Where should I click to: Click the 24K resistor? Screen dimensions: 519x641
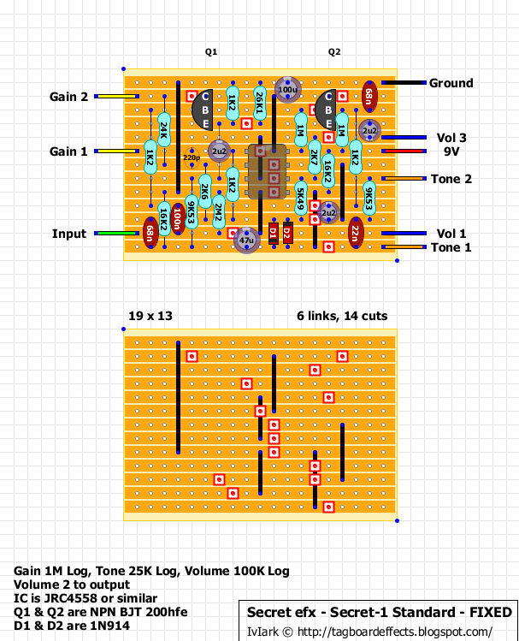coord(164,130)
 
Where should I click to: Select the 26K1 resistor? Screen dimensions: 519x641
coord(260,103)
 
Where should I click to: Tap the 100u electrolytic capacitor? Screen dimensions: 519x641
coord(287,90)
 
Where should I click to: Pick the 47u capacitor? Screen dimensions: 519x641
coord(246,240)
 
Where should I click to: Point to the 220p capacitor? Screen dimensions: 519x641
coord(192,157)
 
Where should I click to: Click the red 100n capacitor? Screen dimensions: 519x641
coord(178,219)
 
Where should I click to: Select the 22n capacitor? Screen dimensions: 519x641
coord(356,233)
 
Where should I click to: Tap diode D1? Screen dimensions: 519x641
coord(274,234)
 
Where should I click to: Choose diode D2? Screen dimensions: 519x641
coord(287,234)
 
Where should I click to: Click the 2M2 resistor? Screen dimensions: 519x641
coord(219,212)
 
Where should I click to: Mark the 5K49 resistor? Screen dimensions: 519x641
coord(301,199)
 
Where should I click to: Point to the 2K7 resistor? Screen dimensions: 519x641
coord(315,157)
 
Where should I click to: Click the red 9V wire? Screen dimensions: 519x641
coord(404,151)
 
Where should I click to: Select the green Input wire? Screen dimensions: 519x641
coord(117,234)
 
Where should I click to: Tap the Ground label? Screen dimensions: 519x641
coord(451,83)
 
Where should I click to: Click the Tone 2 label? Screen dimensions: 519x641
coord(451,179)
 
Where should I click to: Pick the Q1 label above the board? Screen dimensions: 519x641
coord(211,52)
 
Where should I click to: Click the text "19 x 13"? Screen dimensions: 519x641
coord(150,316)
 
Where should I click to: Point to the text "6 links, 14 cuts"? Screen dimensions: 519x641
coord(342,316)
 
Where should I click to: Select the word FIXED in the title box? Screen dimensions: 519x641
coord(491,613)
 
